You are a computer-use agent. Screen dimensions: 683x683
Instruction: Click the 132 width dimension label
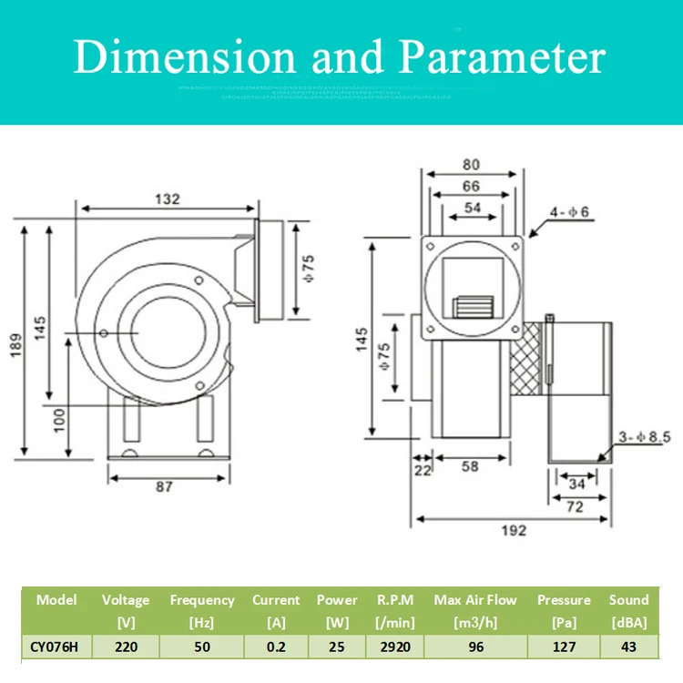[x=167, y=199]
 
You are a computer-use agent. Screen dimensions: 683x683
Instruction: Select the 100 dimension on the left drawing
[x=58, y=420]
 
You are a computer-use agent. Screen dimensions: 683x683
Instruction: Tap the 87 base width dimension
[x=163, y=486]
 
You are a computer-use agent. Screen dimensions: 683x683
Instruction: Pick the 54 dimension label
[x=473, y=209]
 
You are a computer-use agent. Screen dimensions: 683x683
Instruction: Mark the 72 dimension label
[x=574, y=507]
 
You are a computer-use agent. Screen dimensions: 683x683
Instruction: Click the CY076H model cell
[x=56, y=646]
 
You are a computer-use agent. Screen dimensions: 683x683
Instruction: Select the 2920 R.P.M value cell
[x=395, y=646]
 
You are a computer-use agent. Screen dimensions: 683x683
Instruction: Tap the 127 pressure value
[x=564, y=646]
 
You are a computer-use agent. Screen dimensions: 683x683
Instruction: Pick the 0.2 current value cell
[x=276, y=646]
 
